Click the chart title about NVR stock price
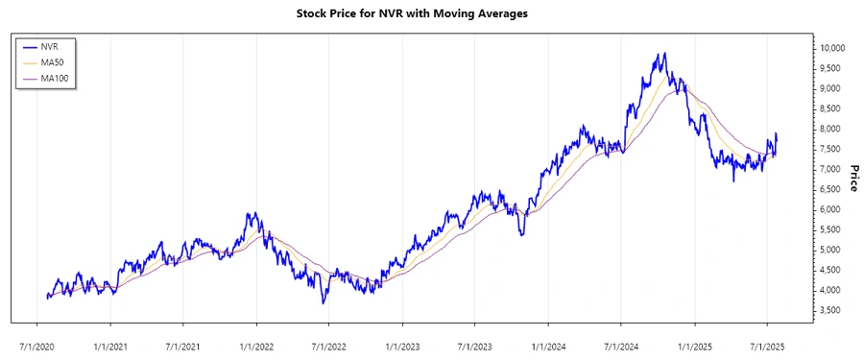click(431, 13)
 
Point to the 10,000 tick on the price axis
click(831, 48)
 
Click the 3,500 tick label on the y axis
click(829, 310)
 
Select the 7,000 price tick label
click(829, 169)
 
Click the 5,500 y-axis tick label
click(829, 229)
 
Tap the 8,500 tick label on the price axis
click(829, 108)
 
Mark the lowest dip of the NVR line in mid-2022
click(324, 303)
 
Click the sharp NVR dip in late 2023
click(521, 235)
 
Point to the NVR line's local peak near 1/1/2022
click(252, 213)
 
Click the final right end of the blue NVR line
click(776, 134)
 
